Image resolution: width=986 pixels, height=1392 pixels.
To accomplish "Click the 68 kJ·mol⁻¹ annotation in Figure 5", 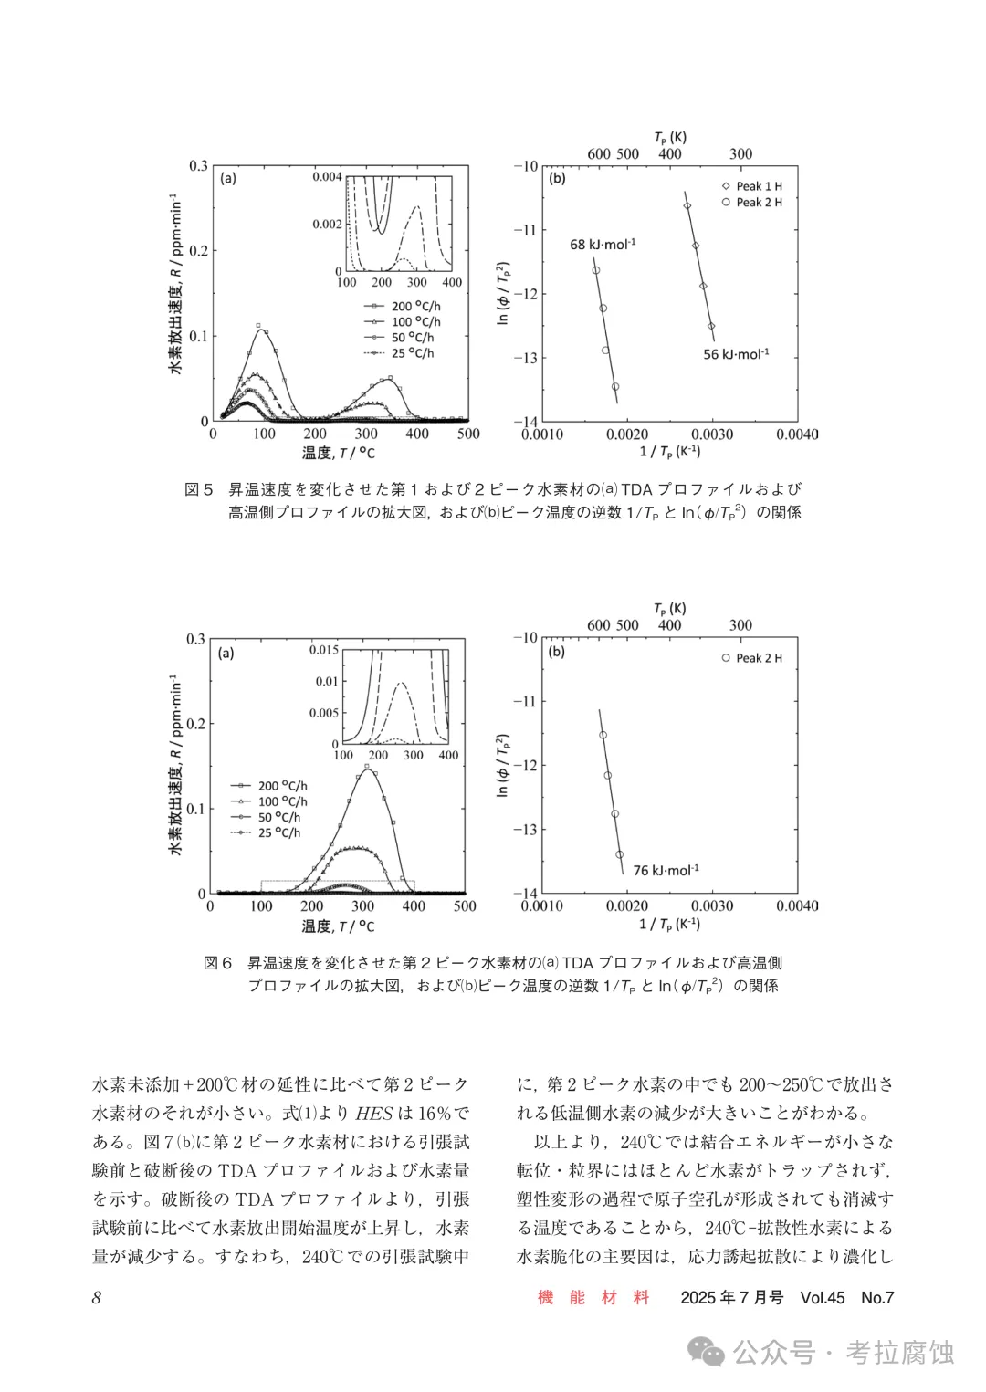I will (603, 245).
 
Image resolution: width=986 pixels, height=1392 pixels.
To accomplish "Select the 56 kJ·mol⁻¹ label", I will (736, 354).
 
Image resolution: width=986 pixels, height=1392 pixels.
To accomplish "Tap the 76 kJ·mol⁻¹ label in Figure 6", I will (666, 871).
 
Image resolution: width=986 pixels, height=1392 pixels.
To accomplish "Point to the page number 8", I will (97, 1297).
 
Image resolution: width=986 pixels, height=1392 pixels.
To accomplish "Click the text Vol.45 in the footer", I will (822, 1297).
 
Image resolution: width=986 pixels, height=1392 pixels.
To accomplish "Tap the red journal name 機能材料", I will (593, 1297).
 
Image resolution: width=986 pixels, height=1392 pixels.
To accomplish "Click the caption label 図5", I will (199, 490).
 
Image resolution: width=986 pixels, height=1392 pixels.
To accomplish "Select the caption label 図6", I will (218, 963).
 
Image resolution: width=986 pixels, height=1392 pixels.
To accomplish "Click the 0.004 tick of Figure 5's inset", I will (327, 177).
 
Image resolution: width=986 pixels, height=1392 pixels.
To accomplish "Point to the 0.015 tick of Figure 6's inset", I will (323, 650).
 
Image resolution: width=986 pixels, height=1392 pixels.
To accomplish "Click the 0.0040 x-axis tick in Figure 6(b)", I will (797, 906).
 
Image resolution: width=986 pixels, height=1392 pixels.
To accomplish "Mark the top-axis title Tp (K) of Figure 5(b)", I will (670, 138).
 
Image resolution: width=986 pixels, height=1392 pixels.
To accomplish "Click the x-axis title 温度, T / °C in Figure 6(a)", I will (338, 926).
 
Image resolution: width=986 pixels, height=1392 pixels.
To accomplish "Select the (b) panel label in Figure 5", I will (557, 179).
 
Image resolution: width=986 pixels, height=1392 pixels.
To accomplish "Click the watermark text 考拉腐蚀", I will (899, 1352).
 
